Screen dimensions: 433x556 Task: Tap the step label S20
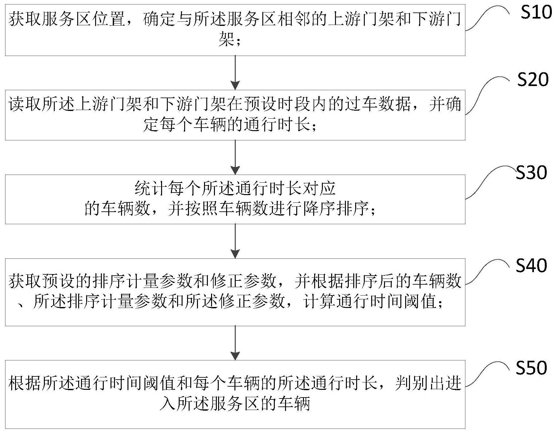(533, 80)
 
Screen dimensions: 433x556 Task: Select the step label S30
(531, 173)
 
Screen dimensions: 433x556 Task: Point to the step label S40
(531, 266)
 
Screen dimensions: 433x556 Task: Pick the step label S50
(531, 368)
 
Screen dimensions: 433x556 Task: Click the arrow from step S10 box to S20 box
(235, 73)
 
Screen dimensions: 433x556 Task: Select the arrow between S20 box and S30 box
(235, 157)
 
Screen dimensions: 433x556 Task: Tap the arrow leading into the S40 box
(235, 241)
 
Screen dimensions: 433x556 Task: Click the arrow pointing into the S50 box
(235, 343)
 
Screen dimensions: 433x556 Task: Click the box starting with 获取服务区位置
(235, 30)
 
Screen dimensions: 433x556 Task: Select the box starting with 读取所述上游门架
(235, 115)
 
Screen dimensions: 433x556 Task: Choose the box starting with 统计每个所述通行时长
(235, 199)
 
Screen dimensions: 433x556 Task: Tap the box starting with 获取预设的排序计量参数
(235, 292)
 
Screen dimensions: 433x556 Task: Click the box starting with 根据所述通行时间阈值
(235, 394)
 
